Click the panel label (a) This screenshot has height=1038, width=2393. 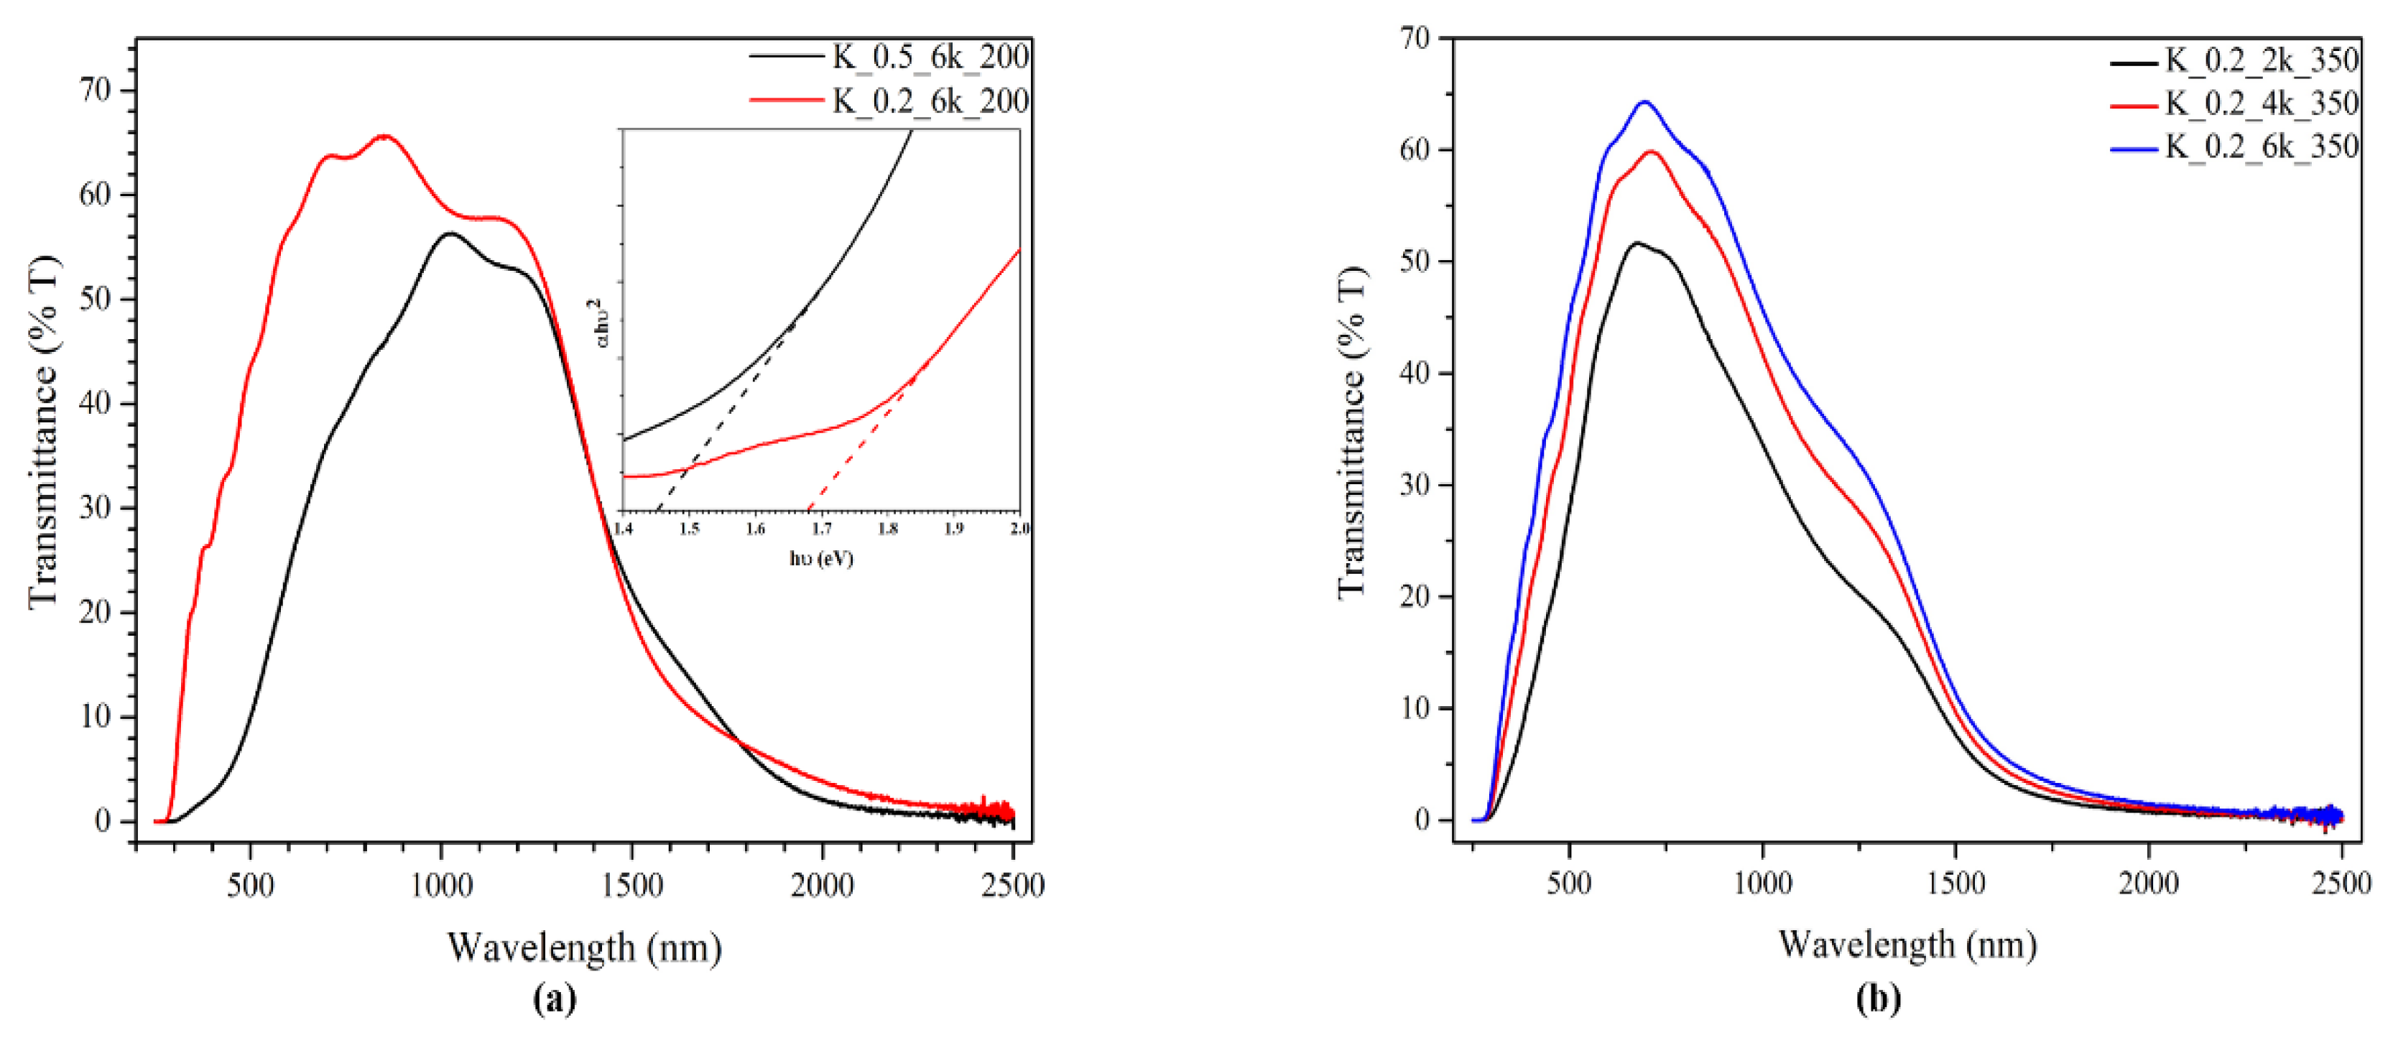coord(555,999)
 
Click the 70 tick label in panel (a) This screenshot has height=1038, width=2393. coord(96,90)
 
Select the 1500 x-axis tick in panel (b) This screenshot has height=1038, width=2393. coord(1955,882)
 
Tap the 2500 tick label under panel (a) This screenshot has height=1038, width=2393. coord(1012,886)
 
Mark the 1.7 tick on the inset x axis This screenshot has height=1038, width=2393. coord(821,529)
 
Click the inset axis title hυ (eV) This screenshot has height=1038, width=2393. coord(821,558)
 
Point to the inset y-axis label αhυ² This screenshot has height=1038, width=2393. coord(601,323)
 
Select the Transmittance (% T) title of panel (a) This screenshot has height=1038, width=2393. coord(44,432)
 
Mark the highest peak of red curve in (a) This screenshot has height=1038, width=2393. coord(384,136)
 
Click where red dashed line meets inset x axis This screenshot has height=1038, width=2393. coord(809,510)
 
